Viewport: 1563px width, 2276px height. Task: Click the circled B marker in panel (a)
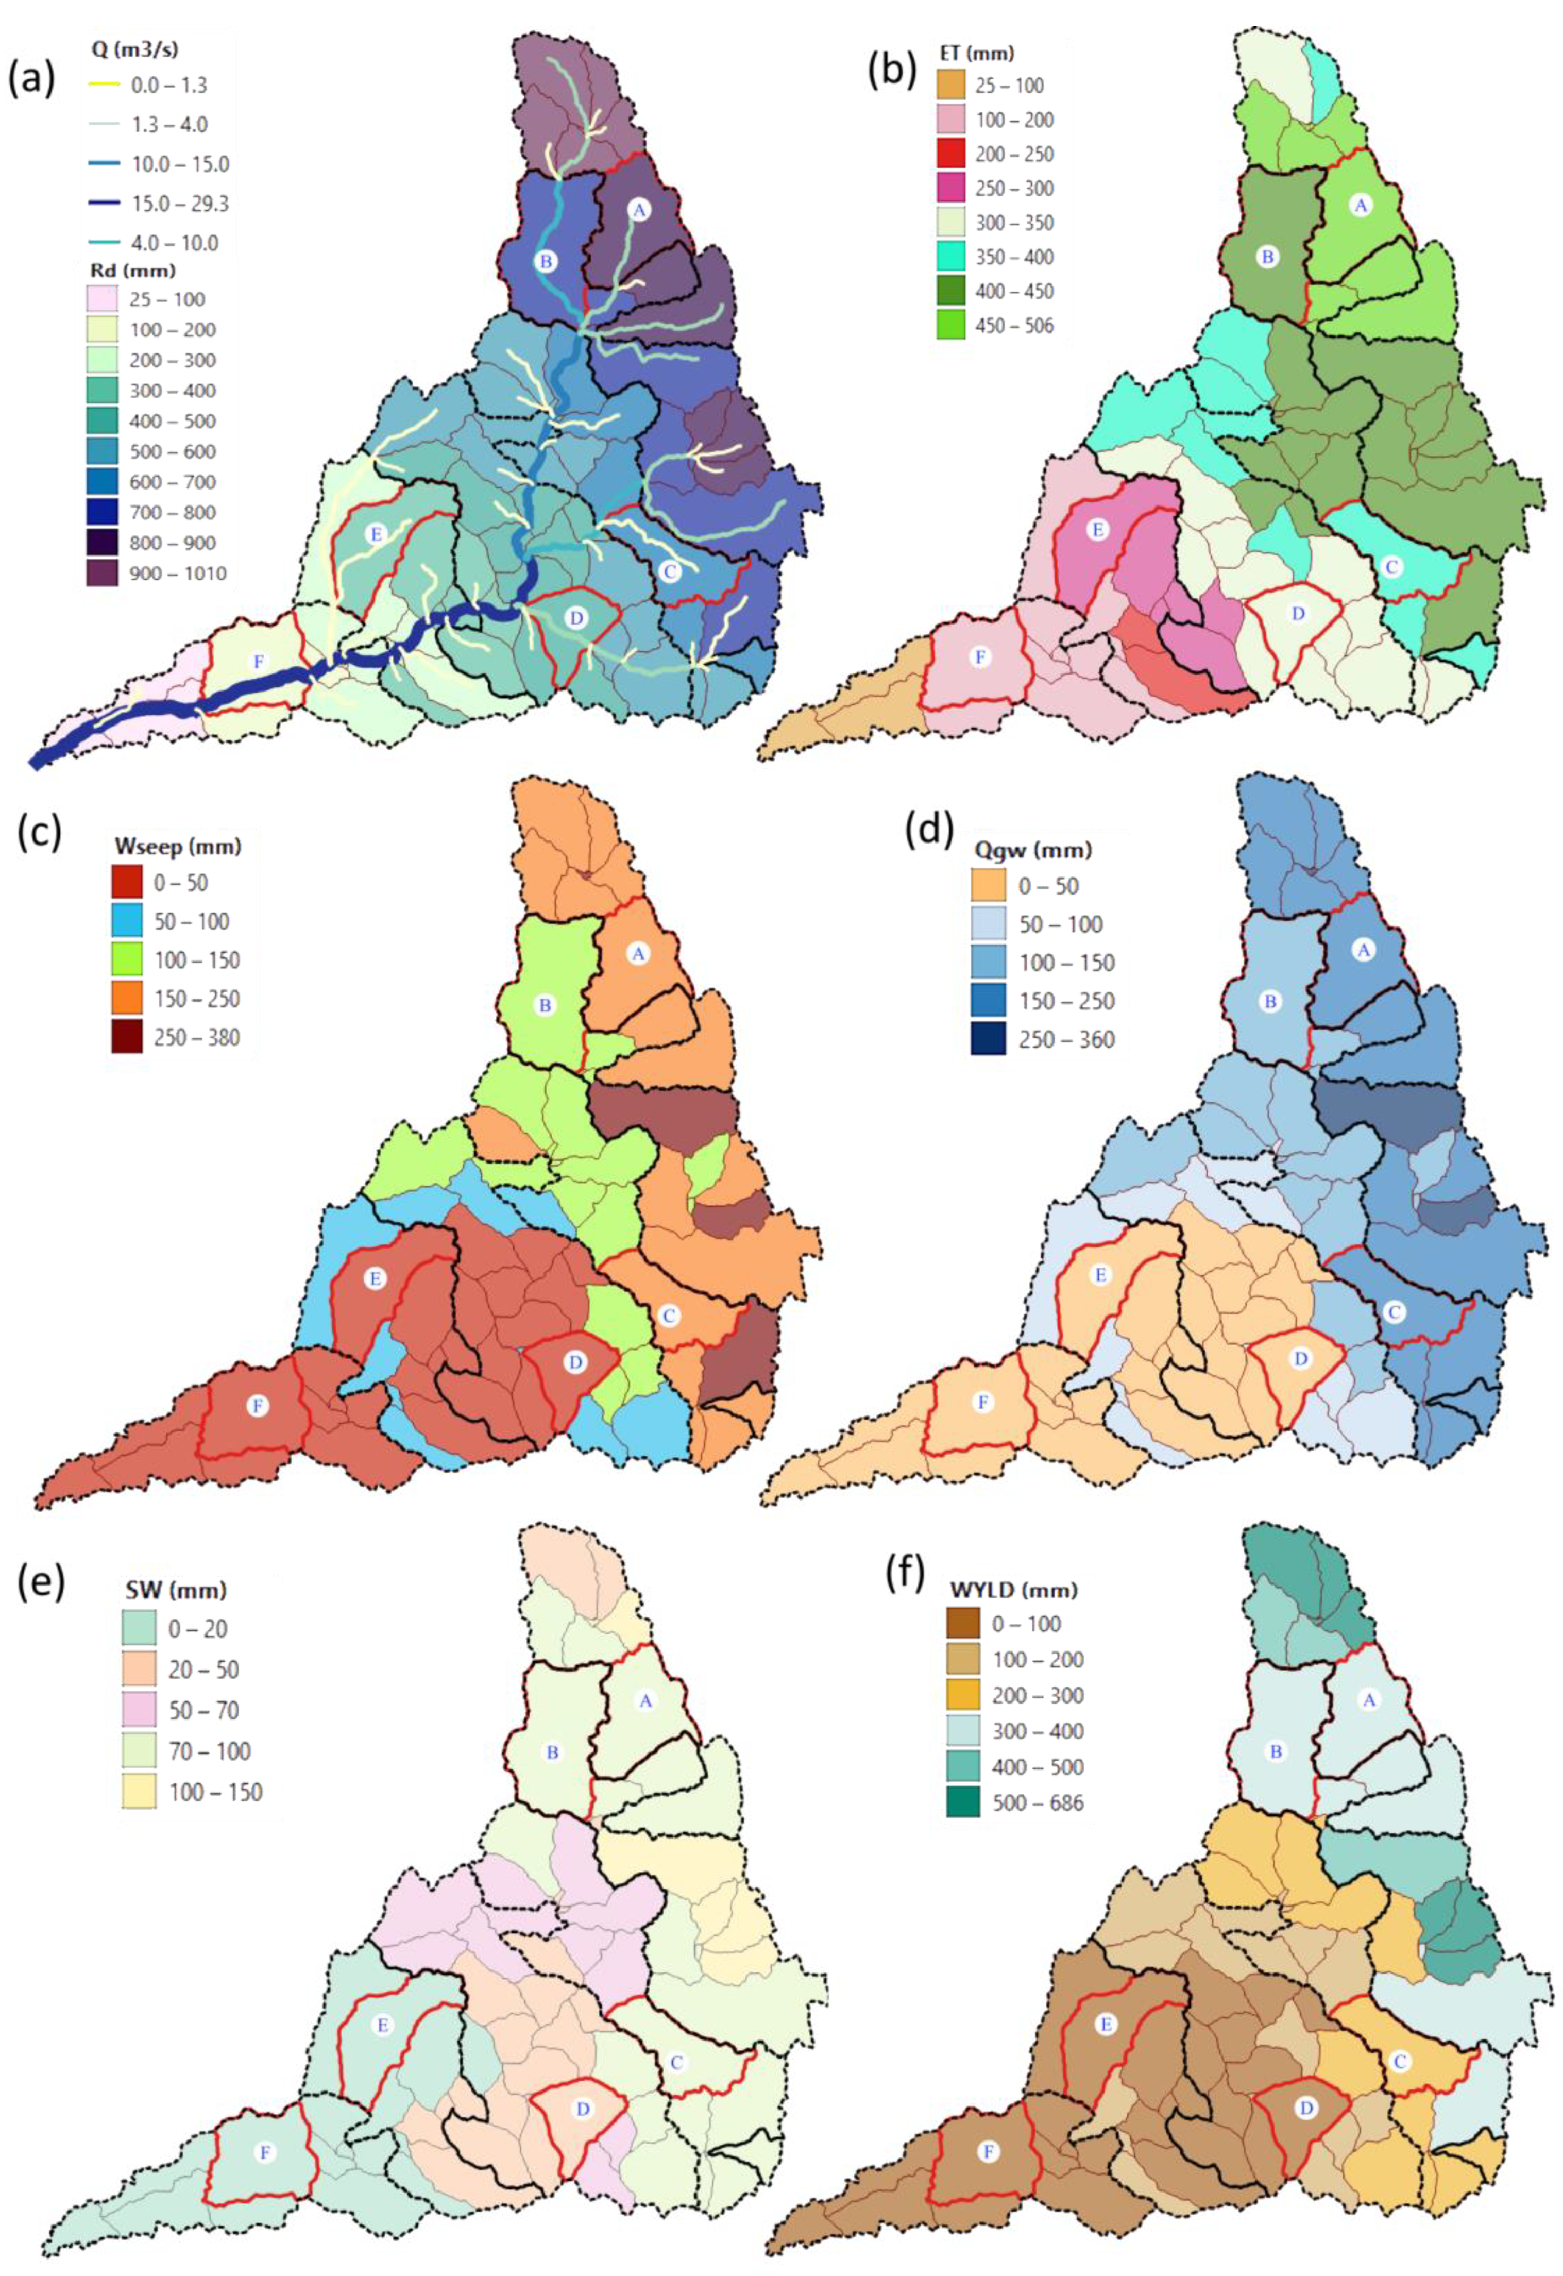click(x=546, y=261)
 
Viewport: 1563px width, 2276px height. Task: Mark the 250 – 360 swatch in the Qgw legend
click(x=988, y=1039)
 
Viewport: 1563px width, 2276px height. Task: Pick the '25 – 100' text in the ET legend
click(x=1010, y=86)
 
